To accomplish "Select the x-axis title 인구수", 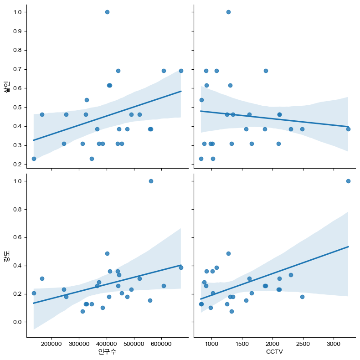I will click(x=107, y=352).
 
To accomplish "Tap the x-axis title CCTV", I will click(x=273, y=352).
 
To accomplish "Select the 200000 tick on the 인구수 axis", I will click(x=51, y=343).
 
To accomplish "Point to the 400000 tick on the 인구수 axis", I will click(x=107, y=343).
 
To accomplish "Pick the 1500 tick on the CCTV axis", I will click(x=242, y=343).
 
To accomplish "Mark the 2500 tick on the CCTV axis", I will click(x=303, y=343).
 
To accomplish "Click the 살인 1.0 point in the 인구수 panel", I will click(x=107, y=12).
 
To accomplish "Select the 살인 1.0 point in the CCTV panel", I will click(x=228, y=12).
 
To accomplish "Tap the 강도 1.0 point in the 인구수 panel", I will click(x=151, y=181).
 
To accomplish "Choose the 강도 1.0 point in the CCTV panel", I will click(x=348, y=181).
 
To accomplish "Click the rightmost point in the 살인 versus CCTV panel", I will click(x=348, y=129).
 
